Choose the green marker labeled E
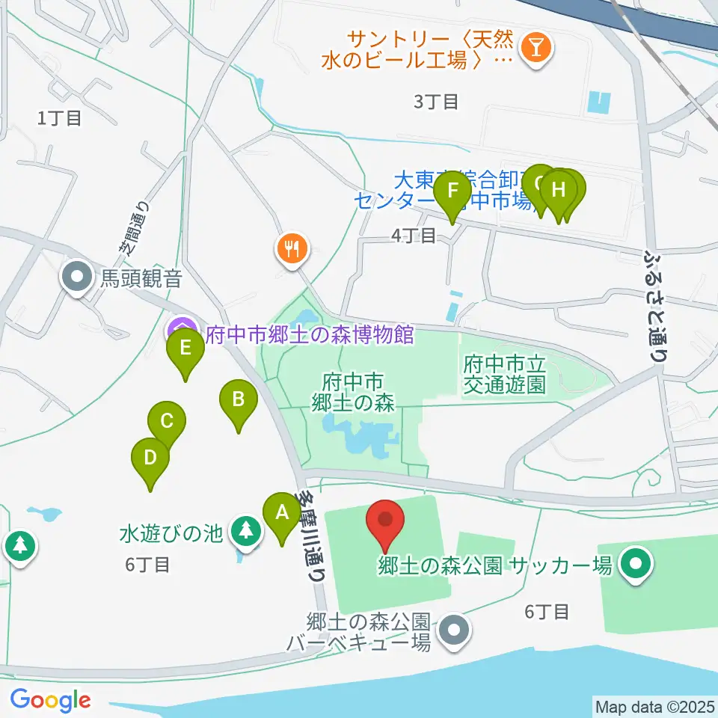pyautogui.click(x=185, y=349)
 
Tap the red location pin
pyautogui.click(x=386, y=521)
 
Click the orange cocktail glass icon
pyautogui.click(x=536, y=48)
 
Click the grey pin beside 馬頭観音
pyautogui.click(x=77, y=278)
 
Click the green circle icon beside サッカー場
pyautogui.click(x=636, y=564)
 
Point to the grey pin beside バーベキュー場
pyautogui.click(x=452, y=631)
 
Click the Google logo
pyautogui.click(x=50, y=700)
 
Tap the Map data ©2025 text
pyautogui.click(x=654, y=705)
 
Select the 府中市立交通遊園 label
pyautogui.click(x=505, y=374)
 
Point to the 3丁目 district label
pyautogui.click(x=436, y=102)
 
